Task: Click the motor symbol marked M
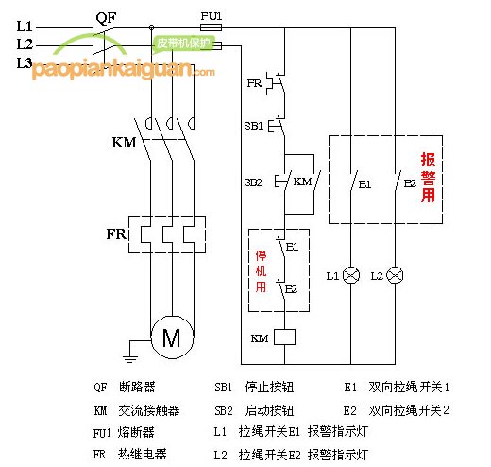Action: (172, 337)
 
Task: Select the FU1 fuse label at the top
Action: (212, 16)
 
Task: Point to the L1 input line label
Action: (25, 26)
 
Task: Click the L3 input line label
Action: (25, 61)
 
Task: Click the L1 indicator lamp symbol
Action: (350, 275)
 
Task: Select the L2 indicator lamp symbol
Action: (395, 275)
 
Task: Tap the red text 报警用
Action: (428, 177)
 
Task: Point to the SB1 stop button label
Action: (253, 126)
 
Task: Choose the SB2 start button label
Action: (253, 182)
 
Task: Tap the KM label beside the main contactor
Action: (123, 143)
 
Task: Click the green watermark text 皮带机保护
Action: (179, 43)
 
